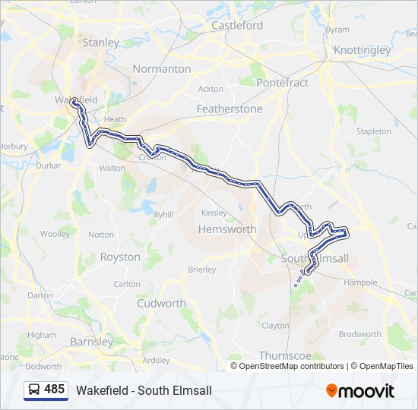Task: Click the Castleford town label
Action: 237,25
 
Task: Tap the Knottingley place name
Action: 362,50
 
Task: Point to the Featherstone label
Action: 229,109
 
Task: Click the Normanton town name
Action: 162,68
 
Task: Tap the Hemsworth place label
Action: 226,229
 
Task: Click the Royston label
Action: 120,257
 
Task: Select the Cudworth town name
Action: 161,303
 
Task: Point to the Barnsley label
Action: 91,341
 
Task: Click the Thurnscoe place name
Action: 286,355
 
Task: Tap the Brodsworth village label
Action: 360,334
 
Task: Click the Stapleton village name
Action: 373,131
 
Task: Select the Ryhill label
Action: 163,215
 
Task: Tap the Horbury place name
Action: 14,145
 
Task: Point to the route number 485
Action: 54,389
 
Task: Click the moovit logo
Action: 360,390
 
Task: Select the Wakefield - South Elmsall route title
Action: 144,390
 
